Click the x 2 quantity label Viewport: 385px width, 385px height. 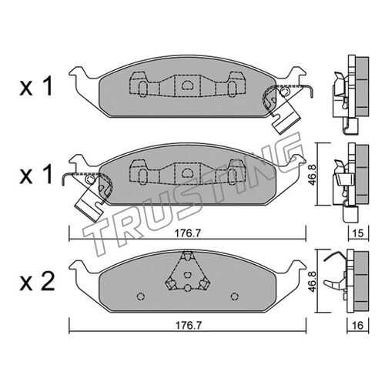37,282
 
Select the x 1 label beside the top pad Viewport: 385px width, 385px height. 36,87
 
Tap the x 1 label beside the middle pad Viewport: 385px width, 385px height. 36,175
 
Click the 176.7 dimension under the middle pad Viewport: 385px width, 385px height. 188,233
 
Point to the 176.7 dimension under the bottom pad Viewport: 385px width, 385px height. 188,326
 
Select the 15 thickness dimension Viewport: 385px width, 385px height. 358,233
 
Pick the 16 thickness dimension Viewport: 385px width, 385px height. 358,326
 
